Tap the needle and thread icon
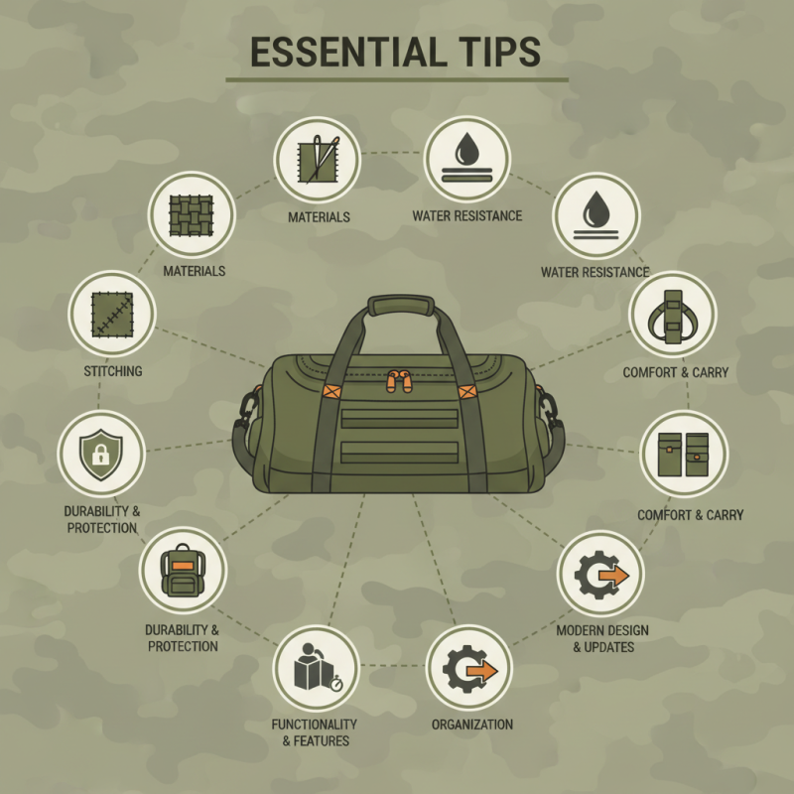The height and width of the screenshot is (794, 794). pyautogui.click(x=317, y=159)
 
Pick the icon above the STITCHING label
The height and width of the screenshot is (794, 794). pyautogui.click(x=111, y=314)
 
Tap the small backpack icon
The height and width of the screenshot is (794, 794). pyautogui.click(x=183, y=570)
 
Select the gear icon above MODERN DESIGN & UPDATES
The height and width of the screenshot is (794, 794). pyautogui.click(x=600, y=577)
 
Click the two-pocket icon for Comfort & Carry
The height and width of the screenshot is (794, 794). pyautogui.click(x=683, y=454)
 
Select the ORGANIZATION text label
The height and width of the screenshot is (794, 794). pyautogui.click(x=471, y=725)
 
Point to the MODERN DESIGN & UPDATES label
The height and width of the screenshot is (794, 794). pyautogui.click(x=595, y=639)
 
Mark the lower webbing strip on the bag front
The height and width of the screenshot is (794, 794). pyautogui.click(x=397, y=453)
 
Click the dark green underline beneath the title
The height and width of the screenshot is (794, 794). pyautogui.click(x=397, y=78)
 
